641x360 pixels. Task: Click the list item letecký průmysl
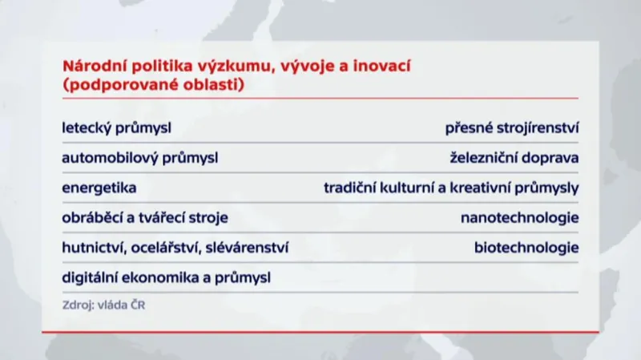(117, 128)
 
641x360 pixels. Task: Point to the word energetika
(99, 188)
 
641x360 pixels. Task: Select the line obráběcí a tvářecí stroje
(145, 217)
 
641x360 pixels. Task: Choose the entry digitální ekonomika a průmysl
(166, 277)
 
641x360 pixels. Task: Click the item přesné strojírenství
(513, 128)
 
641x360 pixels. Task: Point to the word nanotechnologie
(519, 217)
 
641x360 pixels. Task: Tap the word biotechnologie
(526, 248)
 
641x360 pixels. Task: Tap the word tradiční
(350, 188)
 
